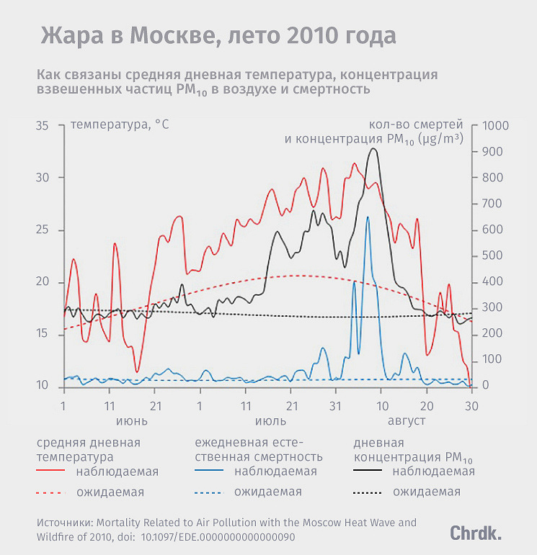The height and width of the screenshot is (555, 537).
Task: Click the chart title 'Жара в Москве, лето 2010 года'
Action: [218, 36]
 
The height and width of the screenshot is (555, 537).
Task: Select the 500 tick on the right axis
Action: [491, 256]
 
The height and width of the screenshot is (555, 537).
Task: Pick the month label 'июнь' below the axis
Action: [132, 420]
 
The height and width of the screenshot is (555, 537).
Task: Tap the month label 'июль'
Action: [270, 420]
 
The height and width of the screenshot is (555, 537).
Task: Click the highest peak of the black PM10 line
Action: [373, 149]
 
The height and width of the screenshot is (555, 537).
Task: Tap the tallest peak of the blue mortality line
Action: [368, 217]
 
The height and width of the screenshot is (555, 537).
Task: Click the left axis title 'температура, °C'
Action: [120, 125]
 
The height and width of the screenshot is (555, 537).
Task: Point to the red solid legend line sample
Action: [50, 471]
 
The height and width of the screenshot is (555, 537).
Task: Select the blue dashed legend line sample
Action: [209, 492]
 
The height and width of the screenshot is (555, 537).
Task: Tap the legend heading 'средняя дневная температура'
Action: [88, 449]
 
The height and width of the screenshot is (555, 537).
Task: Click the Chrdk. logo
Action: [476, 533]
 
